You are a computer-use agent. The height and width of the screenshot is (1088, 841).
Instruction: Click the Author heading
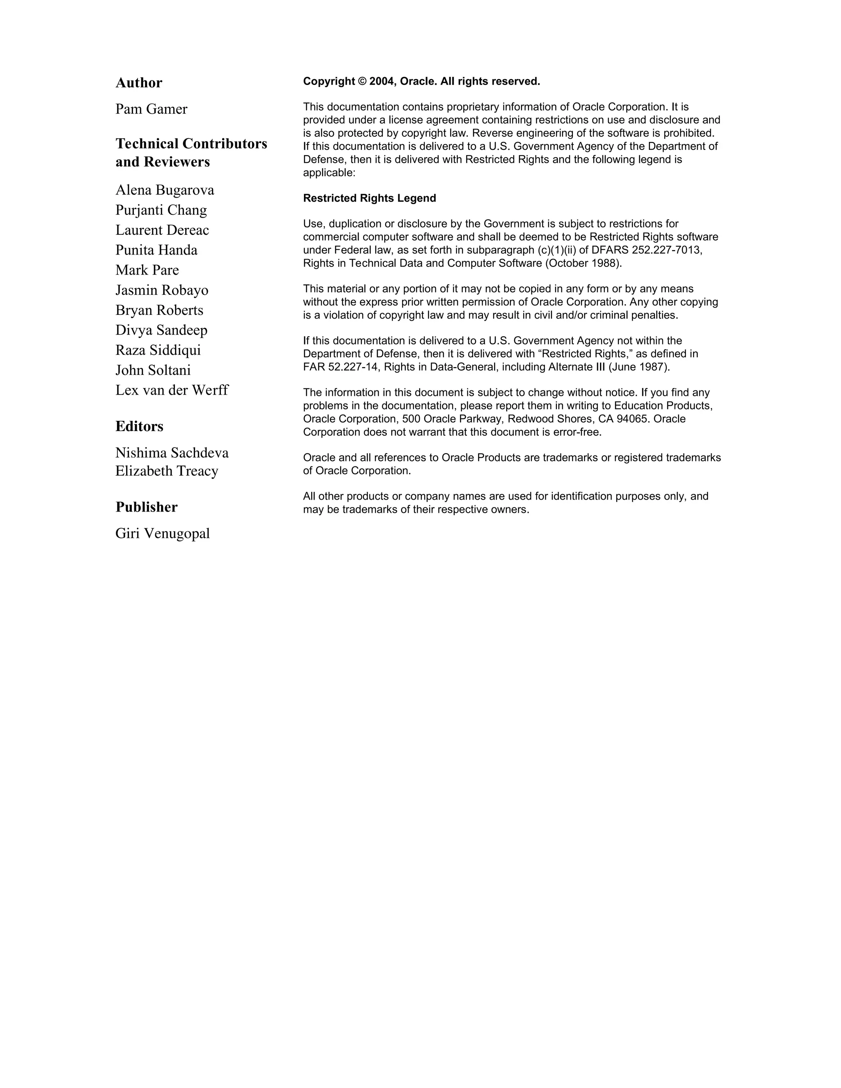[x=139, y=83]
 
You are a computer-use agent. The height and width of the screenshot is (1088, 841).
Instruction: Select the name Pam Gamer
[x=152, y=109]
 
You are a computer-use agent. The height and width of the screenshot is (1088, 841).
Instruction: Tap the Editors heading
[x=140, y=427]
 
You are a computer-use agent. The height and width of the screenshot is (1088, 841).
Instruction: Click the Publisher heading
[x=147, y=507]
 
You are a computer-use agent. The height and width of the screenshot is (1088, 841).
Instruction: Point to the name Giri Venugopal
[x=163, y=534]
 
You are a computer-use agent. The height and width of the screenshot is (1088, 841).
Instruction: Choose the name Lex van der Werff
[x=172, y=390]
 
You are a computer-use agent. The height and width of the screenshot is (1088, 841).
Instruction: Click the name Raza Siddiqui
[x=158, y=350]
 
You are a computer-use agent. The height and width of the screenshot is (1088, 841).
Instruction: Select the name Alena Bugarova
[x=165, y=190]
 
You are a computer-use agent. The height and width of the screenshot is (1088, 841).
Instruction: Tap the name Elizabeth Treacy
[x=167, y=471]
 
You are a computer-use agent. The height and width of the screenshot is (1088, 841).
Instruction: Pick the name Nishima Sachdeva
[x=172, y=453]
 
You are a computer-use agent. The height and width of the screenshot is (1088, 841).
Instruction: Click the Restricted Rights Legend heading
[x=369, y=198]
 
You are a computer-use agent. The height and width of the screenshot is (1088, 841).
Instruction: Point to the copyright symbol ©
[x=362, y=81]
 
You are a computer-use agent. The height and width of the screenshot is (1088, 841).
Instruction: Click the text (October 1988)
[x=584, y=263]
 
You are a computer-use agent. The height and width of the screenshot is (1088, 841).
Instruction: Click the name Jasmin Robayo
[x=162, y=290]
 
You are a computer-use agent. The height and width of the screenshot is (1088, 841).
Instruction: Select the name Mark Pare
[x=147, y=270]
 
